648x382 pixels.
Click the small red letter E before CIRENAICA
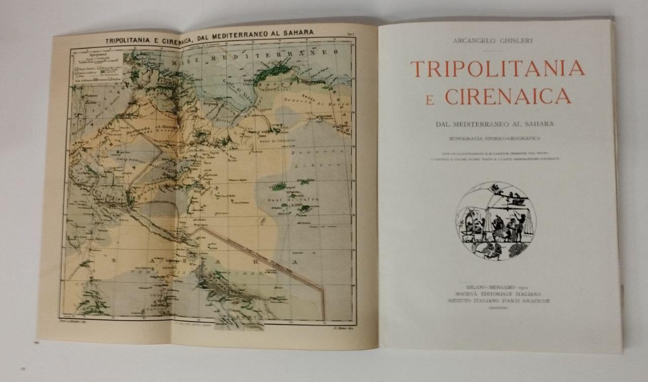click(430, 100)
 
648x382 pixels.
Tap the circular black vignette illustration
click(496, 221)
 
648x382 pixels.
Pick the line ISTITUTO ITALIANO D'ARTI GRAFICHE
click(498, 300)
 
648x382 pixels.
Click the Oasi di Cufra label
click(285, 201)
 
